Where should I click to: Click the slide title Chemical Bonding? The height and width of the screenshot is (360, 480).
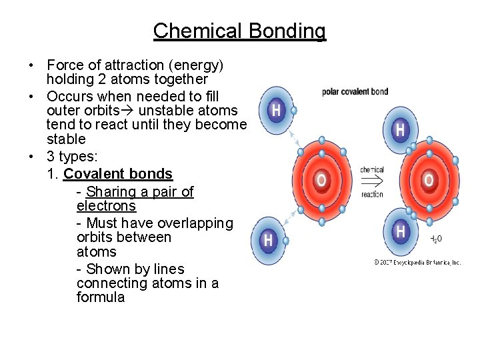point(239,31)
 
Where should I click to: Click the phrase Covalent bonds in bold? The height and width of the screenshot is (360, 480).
point(118,174)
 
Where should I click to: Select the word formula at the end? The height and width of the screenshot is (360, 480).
point(101,297)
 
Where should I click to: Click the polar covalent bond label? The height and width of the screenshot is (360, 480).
point(355,91)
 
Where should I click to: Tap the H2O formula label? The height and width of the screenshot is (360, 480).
point(435,239)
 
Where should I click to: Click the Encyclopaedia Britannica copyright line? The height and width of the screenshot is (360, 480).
point(417,263)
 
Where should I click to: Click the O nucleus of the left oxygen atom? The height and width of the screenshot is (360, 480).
point(321,180)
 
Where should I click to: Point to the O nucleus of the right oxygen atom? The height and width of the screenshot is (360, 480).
point(429,180)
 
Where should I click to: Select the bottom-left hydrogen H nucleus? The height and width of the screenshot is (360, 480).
point(268,239)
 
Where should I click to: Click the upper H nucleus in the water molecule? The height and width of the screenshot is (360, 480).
point(399,130)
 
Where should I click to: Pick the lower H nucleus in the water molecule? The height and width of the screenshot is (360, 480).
point(400,231)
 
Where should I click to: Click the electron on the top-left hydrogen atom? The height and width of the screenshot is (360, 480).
point(293,110)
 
